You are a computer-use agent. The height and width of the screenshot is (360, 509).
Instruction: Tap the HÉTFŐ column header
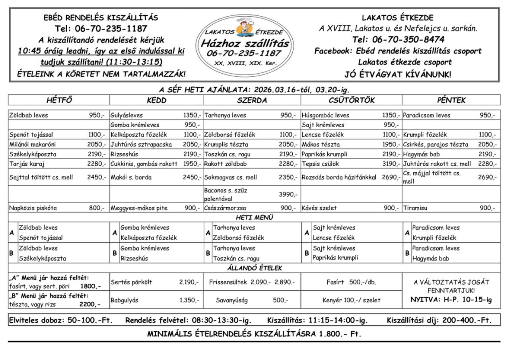click(59, 100)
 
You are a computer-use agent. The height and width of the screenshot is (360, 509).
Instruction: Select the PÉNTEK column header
click(451, 100)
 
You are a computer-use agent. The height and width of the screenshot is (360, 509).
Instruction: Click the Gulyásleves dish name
click(126, 115)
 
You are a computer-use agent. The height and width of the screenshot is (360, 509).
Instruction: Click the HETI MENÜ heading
click(254, 218)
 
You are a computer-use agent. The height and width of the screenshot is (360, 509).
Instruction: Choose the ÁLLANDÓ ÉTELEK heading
click(254, 268)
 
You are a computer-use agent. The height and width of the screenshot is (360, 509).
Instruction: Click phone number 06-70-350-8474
click(398, 40)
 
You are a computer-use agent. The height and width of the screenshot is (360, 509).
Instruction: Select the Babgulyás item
click(124, 300)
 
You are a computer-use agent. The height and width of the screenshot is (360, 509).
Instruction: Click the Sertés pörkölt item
click(131, 282)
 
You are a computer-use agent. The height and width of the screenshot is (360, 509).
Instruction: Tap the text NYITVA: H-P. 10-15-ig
click(451, 300)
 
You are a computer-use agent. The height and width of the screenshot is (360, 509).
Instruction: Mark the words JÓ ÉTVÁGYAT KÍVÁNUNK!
click(398, 74)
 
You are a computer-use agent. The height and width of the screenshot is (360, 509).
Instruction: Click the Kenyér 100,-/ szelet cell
click(351, 300)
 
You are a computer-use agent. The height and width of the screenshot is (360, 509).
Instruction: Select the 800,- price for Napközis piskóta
click(96, 208)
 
